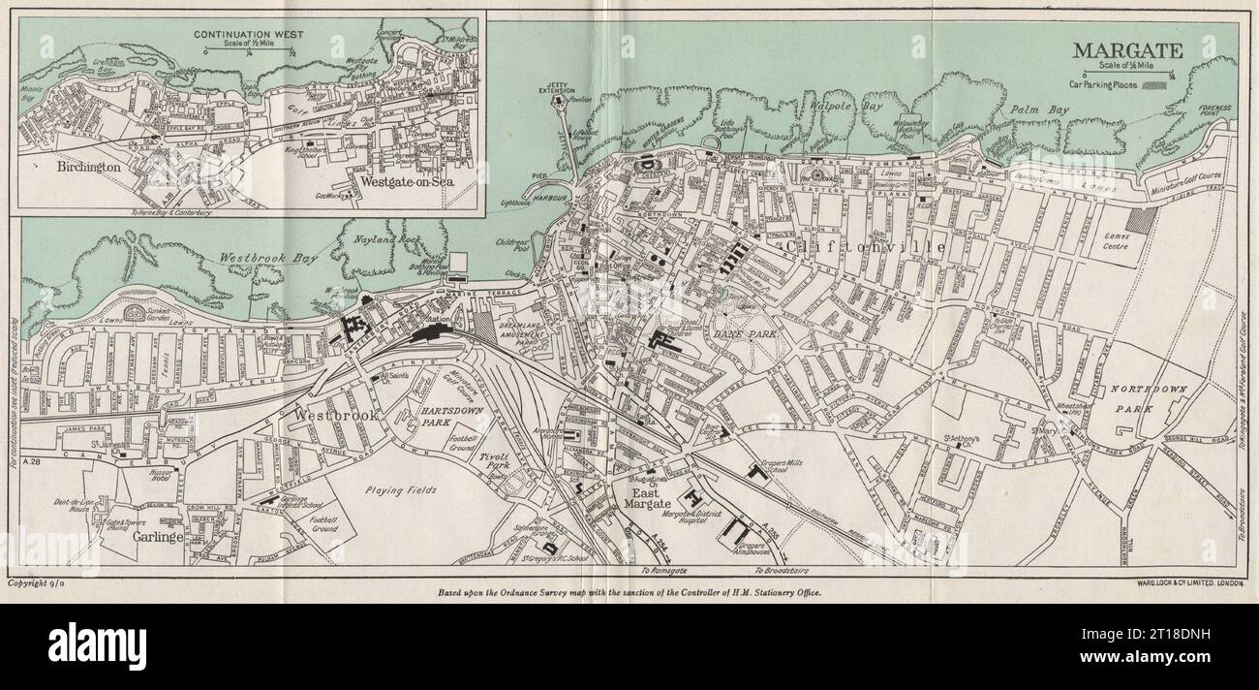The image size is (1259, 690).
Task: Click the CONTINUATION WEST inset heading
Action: (x=248, y=34)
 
